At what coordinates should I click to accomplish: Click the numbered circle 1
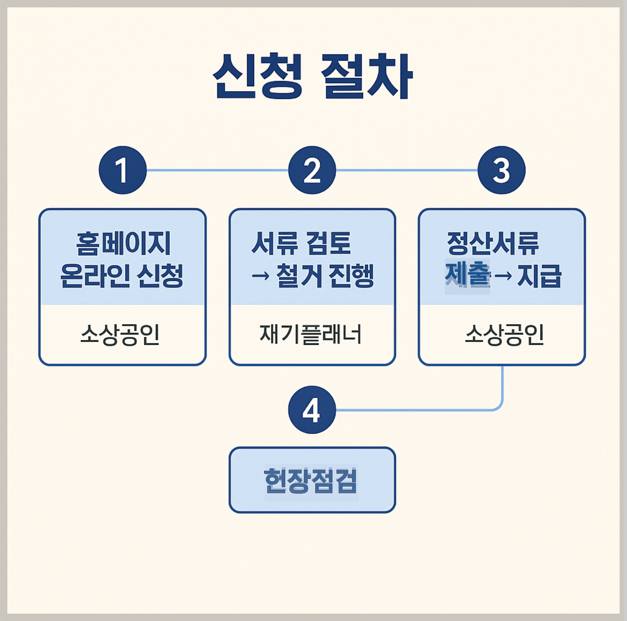pyautogui.click(x=123, y=170)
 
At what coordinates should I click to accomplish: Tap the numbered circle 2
pyautogui.click(x=312, y=170)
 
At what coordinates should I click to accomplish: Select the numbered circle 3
pyautogui.click(x=501, y=170)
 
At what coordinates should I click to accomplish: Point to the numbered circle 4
pyautogui.click(x=312, y=410)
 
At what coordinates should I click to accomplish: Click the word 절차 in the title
pyautogui.click(x=366, y=77)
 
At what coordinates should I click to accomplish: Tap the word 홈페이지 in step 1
pyautogui.click(x=123, y=244)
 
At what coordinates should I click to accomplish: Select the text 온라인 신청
pyautogui.click(x=122, y=276)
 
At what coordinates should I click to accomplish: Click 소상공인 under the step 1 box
pyautogui.click(x=120, y=335)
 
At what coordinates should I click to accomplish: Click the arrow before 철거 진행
pyautogui.click(x=261, y=276)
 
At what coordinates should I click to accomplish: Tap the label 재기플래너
pyautogui.click(x=311, y=335)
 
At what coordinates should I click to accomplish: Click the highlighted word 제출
pyautogui.click(x=467, y=276)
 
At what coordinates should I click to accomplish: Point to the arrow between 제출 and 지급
pyautogui.click(x=503, y=276)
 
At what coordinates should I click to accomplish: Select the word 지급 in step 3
pyautogui.click(x=539, y=276)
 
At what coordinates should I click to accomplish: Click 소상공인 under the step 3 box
pyautogui.click(x=504, y=335)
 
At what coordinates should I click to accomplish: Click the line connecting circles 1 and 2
pyautogui.click(x=217, y=170)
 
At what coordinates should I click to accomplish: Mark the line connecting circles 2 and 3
pyautogui.click(x=407, y=170)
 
